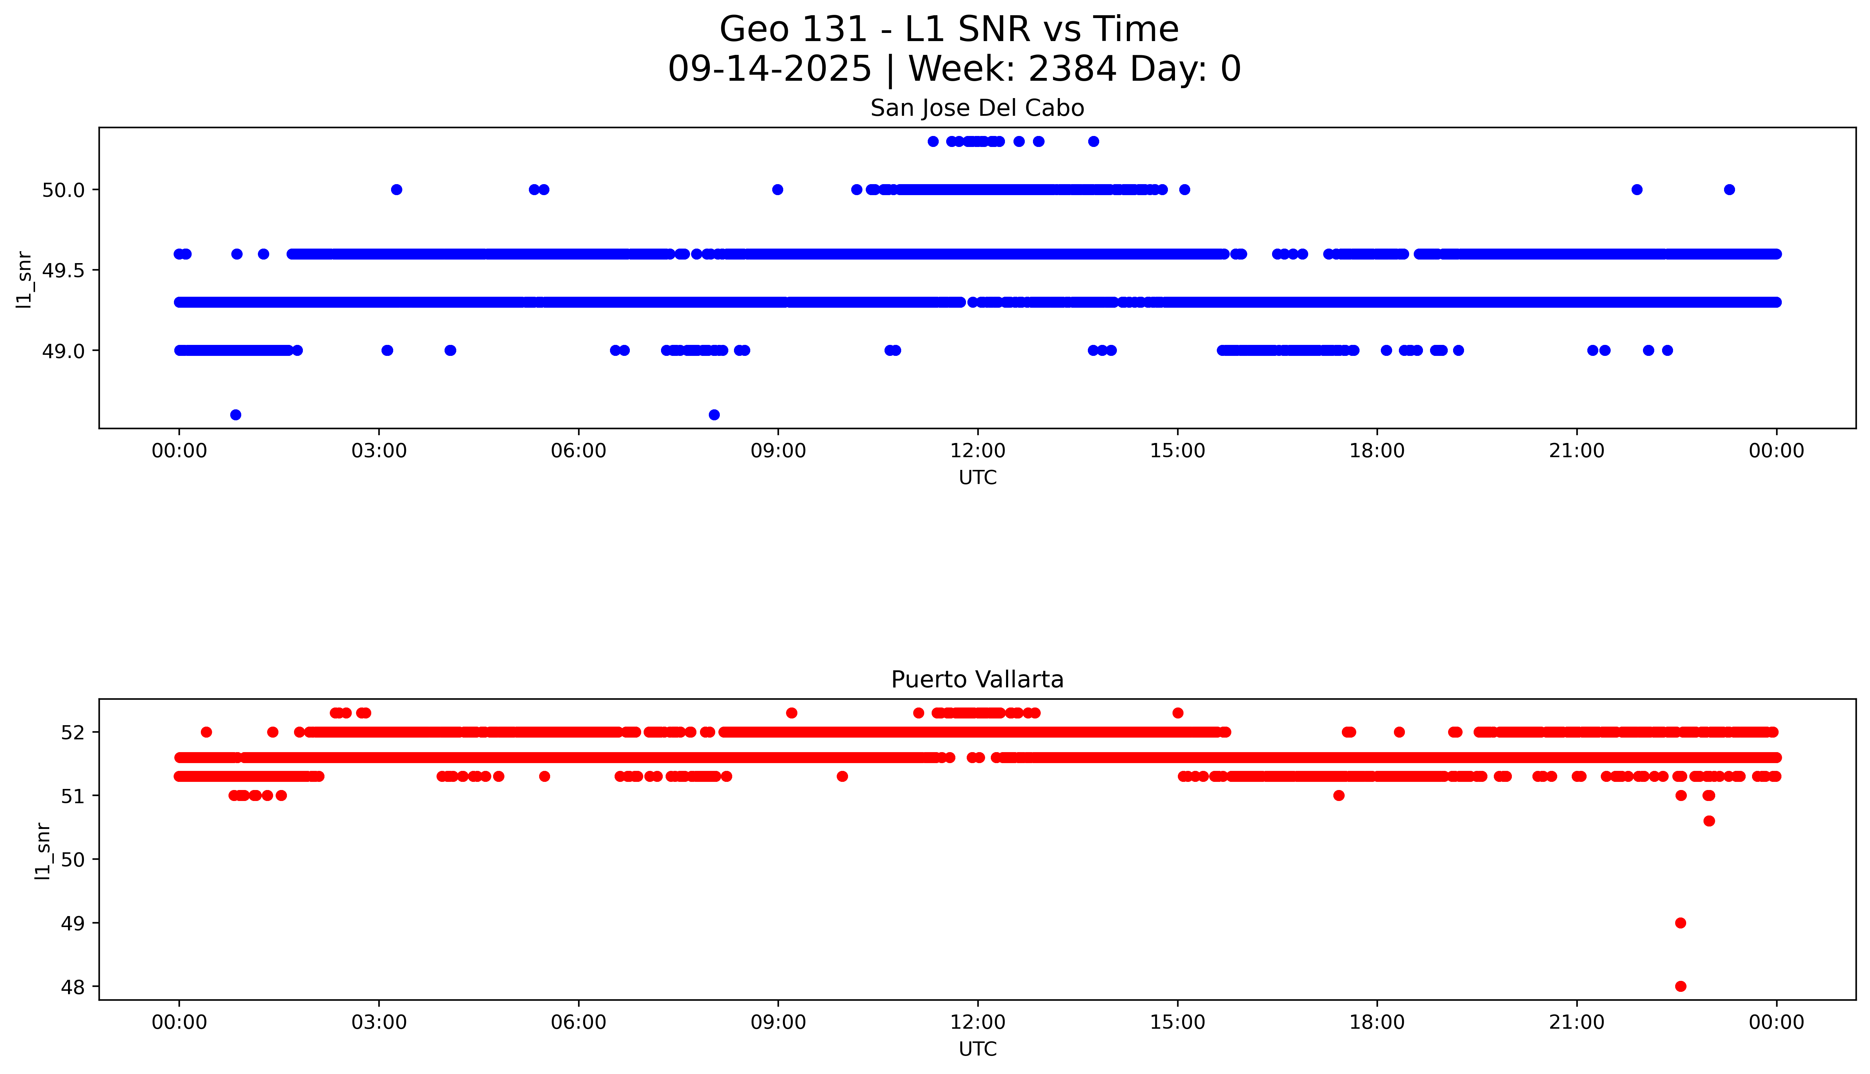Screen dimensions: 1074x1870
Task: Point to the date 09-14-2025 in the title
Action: point(769,69)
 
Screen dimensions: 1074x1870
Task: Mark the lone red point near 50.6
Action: point(1709,821)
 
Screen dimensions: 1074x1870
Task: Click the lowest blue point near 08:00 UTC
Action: point(714,415)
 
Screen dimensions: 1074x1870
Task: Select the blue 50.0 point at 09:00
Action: point(778,189)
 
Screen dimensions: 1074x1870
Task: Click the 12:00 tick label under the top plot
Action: point(977,451)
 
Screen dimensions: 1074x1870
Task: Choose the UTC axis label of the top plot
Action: point(977,478)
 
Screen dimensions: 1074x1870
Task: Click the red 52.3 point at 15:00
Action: point(1178,712)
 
